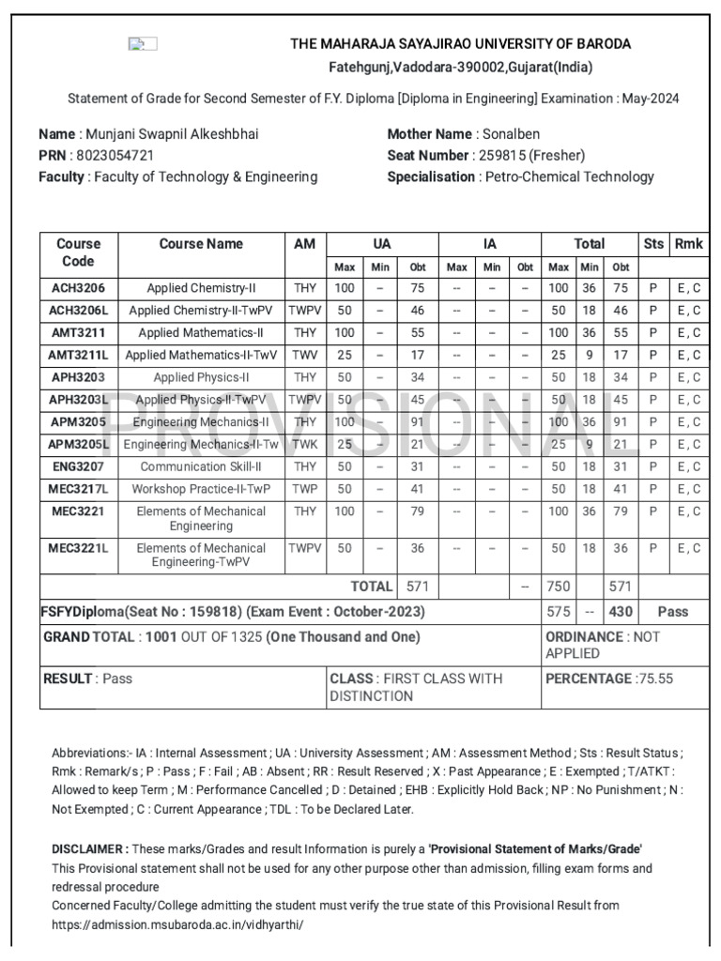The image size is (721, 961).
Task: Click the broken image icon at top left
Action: pos(143,43)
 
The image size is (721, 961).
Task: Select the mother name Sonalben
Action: pos(511,134)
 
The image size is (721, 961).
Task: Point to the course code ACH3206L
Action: pos(79,311)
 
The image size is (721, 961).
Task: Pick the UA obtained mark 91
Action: pos(418,422)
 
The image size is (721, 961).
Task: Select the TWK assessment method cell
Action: pos(304,445)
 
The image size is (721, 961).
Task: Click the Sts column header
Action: pos(652,244)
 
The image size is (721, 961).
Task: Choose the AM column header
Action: pos(304,244)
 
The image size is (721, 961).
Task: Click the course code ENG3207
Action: pos(79,466)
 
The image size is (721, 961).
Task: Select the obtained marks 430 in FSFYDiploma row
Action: pos(621,612)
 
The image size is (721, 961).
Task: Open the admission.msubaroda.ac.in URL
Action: pos(177,924)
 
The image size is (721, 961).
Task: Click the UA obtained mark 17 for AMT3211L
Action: pos(418,356)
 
